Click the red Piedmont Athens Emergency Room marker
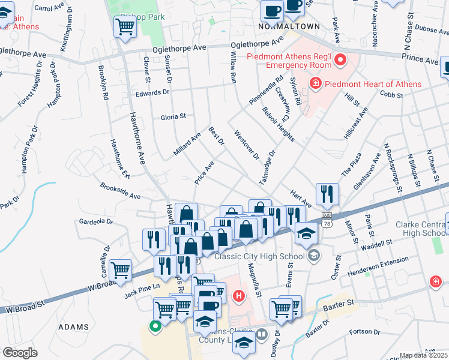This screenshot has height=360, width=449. (340, 59)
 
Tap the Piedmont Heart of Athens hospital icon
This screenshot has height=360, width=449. (314, 83)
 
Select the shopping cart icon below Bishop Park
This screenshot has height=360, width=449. (124, 26)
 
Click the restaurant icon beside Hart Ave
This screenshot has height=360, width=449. (327, 193)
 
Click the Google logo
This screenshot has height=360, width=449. (20, 352)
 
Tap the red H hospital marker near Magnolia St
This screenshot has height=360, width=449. (240, 296)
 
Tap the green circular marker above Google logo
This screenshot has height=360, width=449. (155, 327)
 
